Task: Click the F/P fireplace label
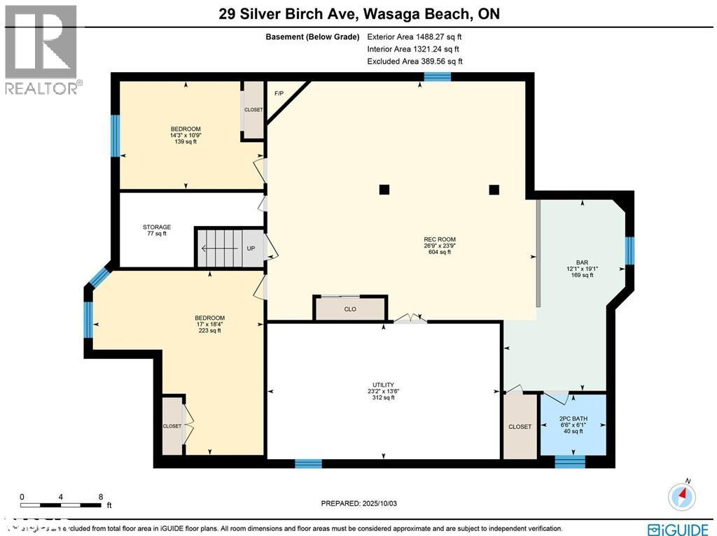(279, 93)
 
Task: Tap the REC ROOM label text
(439, 239)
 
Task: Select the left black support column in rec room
(384, 189)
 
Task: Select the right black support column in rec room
(494, 189)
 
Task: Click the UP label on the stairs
(251, 248)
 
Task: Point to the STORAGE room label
(156, 227)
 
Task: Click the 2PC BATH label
(573, 419)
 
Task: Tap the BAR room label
(582, 263)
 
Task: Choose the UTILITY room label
(383, 385)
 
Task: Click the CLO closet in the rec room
(350, 309)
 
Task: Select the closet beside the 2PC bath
(520, 426)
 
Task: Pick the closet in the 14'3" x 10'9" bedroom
(253, 110)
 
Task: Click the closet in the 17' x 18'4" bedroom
(172, 425)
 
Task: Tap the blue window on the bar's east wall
(629, 251)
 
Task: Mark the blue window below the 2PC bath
(569, 462)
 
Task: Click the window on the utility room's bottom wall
(308, 463)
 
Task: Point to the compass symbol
(682, 495)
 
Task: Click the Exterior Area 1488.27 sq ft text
(414, 36)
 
